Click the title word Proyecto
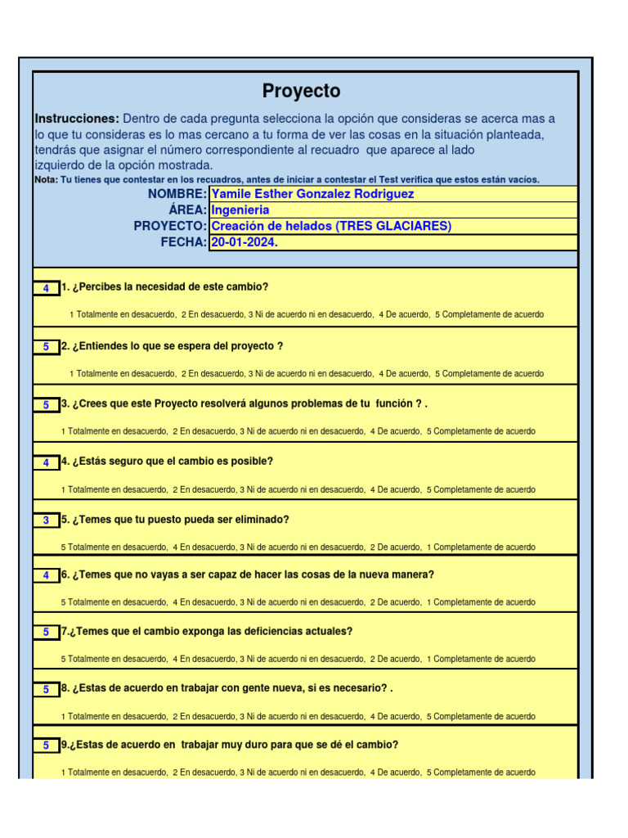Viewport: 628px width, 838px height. (301, 92)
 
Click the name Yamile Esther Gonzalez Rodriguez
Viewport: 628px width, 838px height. (312, 194)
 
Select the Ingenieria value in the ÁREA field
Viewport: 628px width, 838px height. (240, 210)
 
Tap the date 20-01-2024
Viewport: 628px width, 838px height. (239, 242)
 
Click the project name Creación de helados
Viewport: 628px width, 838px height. (330, 226)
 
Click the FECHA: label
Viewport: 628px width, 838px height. (183, 242)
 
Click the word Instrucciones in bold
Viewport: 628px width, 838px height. (77, 119)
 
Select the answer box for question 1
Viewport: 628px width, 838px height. (47, 288)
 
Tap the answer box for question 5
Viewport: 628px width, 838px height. (47, 520)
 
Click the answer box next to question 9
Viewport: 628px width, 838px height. (47, 746)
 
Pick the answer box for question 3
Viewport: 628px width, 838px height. (47, 405)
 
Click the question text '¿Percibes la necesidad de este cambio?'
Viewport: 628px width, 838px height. (170, 287)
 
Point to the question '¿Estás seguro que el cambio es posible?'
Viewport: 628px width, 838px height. (173, 462)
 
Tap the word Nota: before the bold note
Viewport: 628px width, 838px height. (47, 180)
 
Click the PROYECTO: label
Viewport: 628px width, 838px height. (170, 226)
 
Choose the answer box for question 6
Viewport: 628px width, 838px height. (47, 576)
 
